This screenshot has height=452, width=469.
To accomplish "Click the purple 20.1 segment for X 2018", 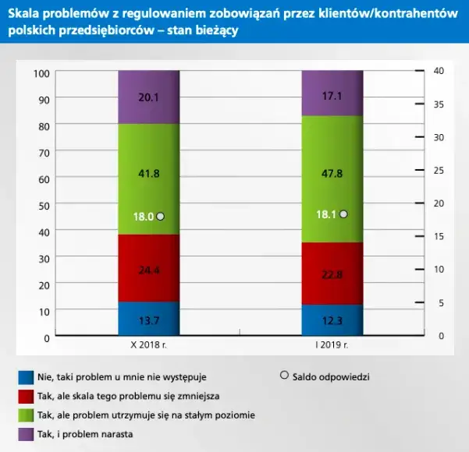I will [148, 97].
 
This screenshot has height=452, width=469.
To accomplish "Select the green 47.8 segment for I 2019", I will [332, 179].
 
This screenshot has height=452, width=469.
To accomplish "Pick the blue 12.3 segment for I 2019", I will [332, 320].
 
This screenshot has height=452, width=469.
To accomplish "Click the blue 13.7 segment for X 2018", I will [148, 319].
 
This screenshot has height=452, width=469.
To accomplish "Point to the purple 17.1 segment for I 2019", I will [332, 94].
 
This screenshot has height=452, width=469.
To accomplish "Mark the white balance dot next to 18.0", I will [161, 217].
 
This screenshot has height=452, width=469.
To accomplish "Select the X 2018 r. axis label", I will [148, 344].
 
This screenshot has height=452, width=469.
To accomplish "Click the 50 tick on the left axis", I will [44, 205].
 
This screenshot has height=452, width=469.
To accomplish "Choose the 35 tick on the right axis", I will [439, 104].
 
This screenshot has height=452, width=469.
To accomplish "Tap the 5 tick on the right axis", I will [439, 302].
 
